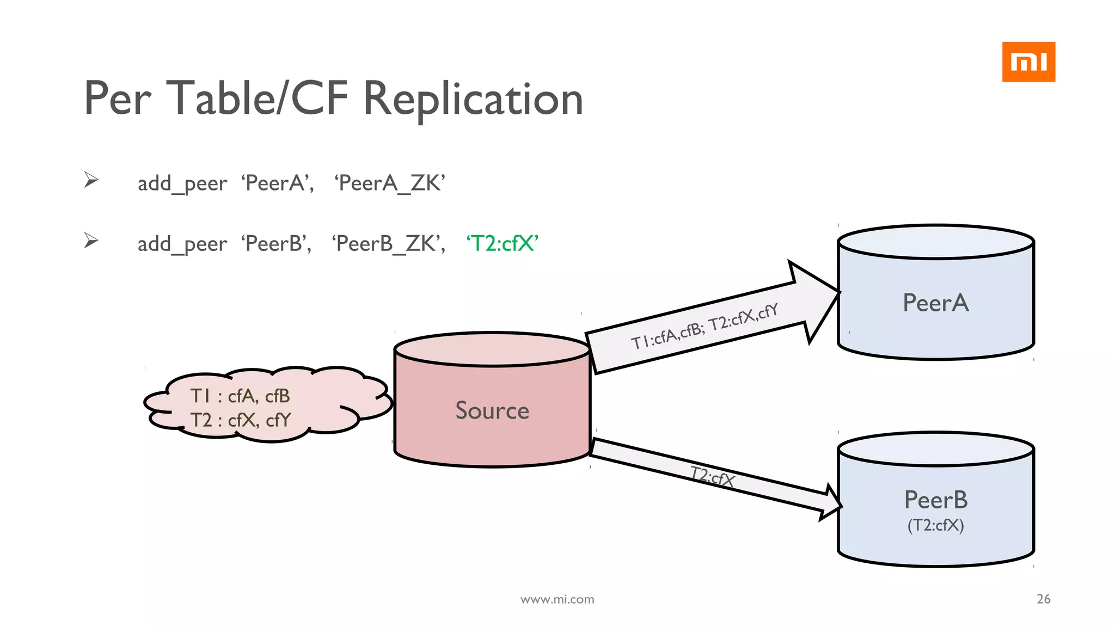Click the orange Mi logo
pos(1028,62)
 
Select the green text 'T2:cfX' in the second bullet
pos(502,243)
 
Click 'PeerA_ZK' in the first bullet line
pos(390,183)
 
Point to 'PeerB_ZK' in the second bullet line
pos(389,243)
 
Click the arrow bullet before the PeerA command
pos(91,180)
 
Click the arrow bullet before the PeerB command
pos(91,240)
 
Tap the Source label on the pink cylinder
pos(492,410)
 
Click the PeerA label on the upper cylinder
pos(935,303)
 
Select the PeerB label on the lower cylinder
pos(935,500)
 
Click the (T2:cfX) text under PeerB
pos(935,525)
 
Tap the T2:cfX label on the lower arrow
pos(712,477)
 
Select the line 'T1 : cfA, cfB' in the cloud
pos(240,396)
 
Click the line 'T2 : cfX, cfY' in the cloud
pos(240,420)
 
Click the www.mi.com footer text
pos(557,599)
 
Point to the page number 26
pos(1043,599)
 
